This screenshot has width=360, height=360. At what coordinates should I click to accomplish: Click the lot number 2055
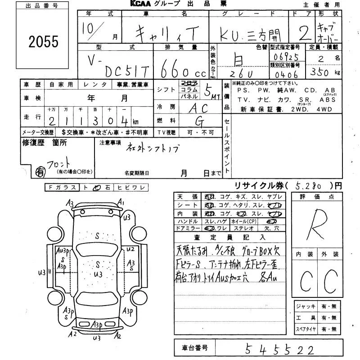tap(44, 41)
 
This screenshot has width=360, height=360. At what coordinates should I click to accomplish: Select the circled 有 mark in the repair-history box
tap(40, 171)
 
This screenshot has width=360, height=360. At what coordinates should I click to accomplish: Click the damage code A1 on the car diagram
tap(121, 203)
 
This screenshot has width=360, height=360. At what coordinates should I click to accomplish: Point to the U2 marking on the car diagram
tap(130, 249)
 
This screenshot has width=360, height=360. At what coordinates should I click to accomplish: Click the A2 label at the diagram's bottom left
tap(72, 334)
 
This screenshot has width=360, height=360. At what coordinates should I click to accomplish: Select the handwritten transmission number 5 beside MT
tap(207, 91)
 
